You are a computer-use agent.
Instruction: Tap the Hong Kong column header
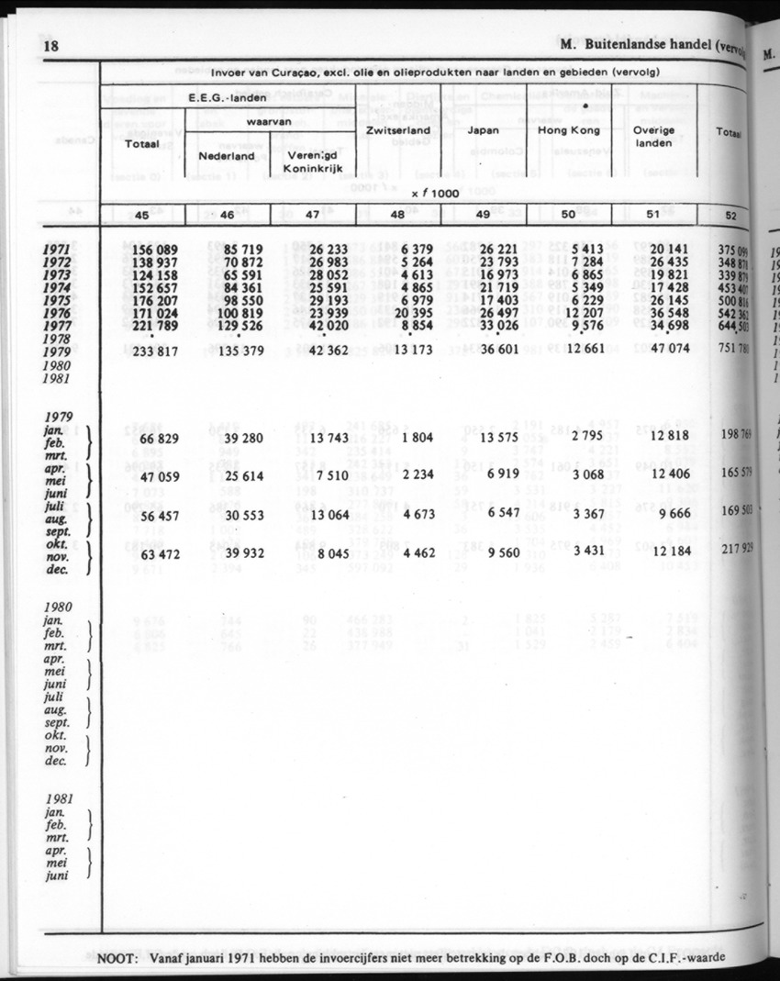(x=568, y=130)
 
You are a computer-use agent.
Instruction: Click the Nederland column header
(x=227, y=156)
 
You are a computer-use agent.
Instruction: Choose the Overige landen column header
(x=653, y=137)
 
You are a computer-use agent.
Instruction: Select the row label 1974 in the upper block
(x=61, y=286)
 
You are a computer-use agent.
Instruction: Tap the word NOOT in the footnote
(x=117, y=960)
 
